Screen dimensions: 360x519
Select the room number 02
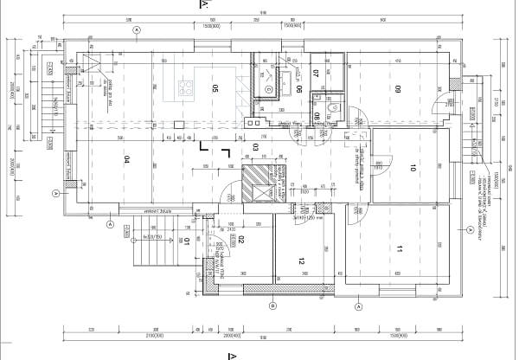click(x=242, y=239)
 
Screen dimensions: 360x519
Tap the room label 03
click(x=255, y=147)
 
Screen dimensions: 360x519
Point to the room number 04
click(x=126, y=159)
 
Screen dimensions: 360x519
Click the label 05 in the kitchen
click(x=215, y=87)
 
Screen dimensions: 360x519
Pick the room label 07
click(x=317, y=73)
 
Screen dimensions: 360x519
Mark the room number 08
click(x=318, y=116)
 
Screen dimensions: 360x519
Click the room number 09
click(x=400, y=88)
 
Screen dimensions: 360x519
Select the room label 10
click(x=414, y=169)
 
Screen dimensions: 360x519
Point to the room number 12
click(x=302, y=260)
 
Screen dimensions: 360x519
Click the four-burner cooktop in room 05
click(x=184, y=86)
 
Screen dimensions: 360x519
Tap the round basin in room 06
click(x=268, y=89)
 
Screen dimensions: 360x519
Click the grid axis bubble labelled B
click(x=272, y=305)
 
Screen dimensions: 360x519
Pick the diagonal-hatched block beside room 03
click(x=255, y=183)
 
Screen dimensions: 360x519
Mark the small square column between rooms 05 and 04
click(x=176, y=123)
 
